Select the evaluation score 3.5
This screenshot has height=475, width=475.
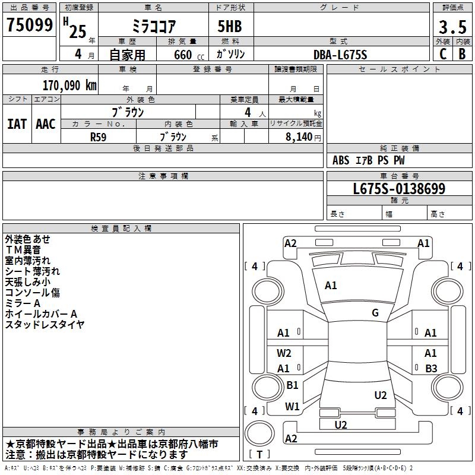452,27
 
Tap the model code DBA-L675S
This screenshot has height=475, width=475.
340,54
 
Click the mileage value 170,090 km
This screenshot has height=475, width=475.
69,85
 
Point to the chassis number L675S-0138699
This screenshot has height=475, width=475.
399,189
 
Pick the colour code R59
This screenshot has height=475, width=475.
98,136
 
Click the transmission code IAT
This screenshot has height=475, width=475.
17,124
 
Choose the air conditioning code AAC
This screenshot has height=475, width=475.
46,124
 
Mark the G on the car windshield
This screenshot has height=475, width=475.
375,313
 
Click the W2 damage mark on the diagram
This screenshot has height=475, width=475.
284,353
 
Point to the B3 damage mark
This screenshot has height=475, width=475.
431,368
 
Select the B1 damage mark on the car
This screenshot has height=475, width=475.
292,385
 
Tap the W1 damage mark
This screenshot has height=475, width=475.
292,407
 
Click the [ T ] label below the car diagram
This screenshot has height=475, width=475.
259,454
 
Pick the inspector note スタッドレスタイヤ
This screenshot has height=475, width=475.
45,324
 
